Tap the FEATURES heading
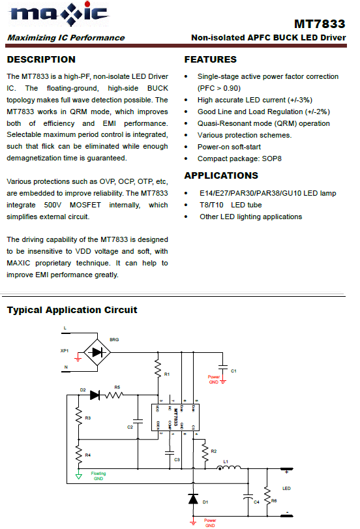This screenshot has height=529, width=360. point(211,60)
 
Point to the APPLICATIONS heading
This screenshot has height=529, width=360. point(221,175)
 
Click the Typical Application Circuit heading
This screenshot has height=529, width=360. point(72,310)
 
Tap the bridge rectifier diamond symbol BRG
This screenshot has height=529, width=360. point(98,351)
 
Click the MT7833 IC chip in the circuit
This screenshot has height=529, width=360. point(176,419)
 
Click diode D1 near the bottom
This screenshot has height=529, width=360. point(193,499)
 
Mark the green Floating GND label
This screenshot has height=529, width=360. point(98,475)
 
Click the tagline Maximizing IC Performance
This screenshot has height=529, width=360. point(66,38)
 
